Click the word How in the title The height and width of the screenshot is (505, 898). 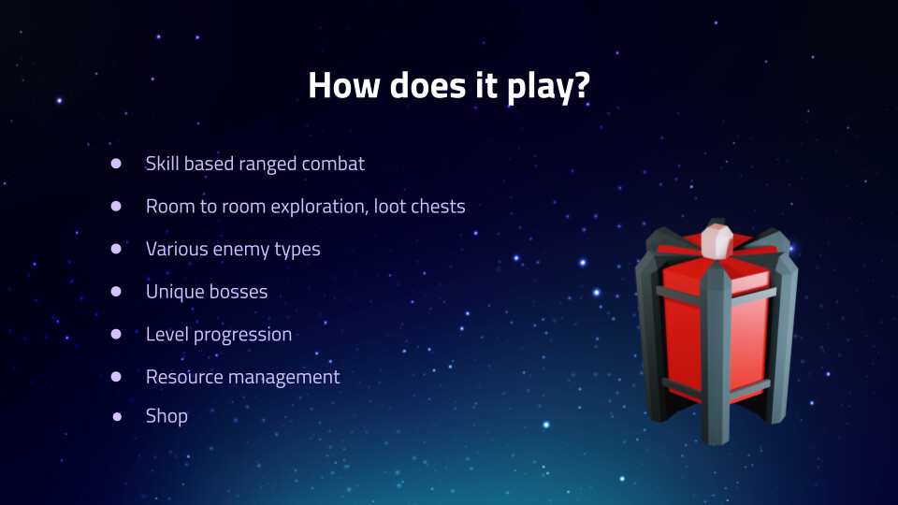click(x=343, y=85)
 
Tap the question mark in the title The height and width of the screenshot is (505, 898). click(x=581, y=85)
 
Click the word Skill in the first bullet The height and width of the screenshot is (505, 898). click(x=162, y=163)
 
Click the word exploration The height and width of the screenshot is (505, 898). click(x=320, y=206)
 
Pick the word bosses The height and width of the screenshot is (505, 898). click(x=240, y=292)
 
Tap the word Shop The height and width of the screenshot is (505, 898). click(x=167, y=416)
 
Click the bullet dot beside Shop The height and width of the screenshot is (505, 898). click(x=117, y=417)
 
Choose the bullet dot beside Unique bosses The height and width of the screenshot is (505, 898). click(x=116, y=292)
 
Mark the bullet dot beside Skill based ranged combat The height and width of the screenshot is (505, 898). click(x=116, y=164)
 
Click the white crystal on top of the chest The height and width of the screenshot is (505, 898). click(x=717, y=241)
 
